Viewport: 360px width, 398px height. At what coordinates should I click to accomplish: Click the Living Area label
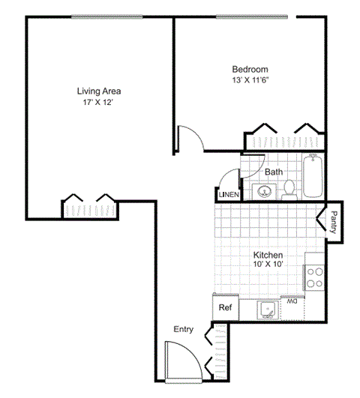98,91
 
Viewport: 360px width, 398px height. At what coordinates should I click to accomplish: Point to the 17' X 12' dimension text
98,103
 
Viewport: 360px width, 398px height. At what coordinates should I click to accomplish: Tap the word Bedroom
249,70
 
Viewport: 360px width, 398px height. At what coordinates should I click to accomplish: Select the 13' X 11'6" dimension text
250,81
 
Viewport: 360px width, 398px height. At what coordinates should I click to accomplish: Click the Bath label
274,172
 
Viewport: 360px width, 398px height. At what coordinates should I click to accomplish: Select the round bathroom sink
264,191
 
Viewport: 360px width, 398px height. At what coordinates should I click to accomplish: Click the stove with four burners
314,277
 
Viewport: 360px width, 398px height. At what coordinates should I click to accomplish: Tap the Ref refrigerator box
223,307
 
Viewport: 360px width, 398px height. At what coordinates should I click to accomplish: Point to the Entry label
184,329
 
